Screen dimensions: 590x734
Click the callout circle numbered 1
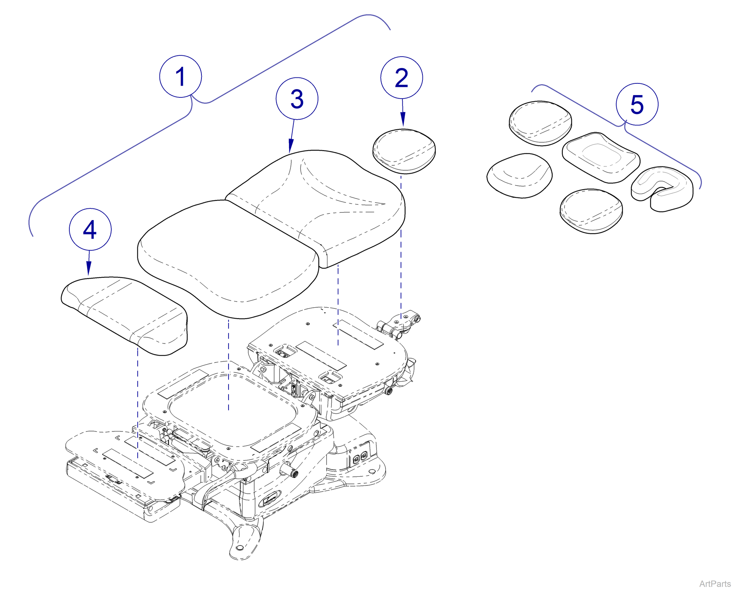coord(180,76)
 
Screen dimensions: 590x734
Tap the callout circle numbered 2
coord(401,78)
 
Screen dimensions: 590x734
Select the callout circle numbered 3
coord(297,99)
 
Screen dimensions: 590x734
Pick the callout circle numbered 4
coord(90,229)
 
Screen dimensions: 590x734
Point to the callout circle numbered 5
coord(637,104)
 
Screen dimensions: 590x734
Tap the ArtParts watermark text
coord(714,584)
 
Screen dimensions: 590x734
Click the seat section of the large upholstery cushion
coord(226,257)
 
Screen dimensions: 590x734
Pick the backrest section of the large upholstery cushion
coord(321,200)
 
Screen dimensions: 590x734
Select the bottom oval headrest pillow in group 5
coord(591,210)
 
